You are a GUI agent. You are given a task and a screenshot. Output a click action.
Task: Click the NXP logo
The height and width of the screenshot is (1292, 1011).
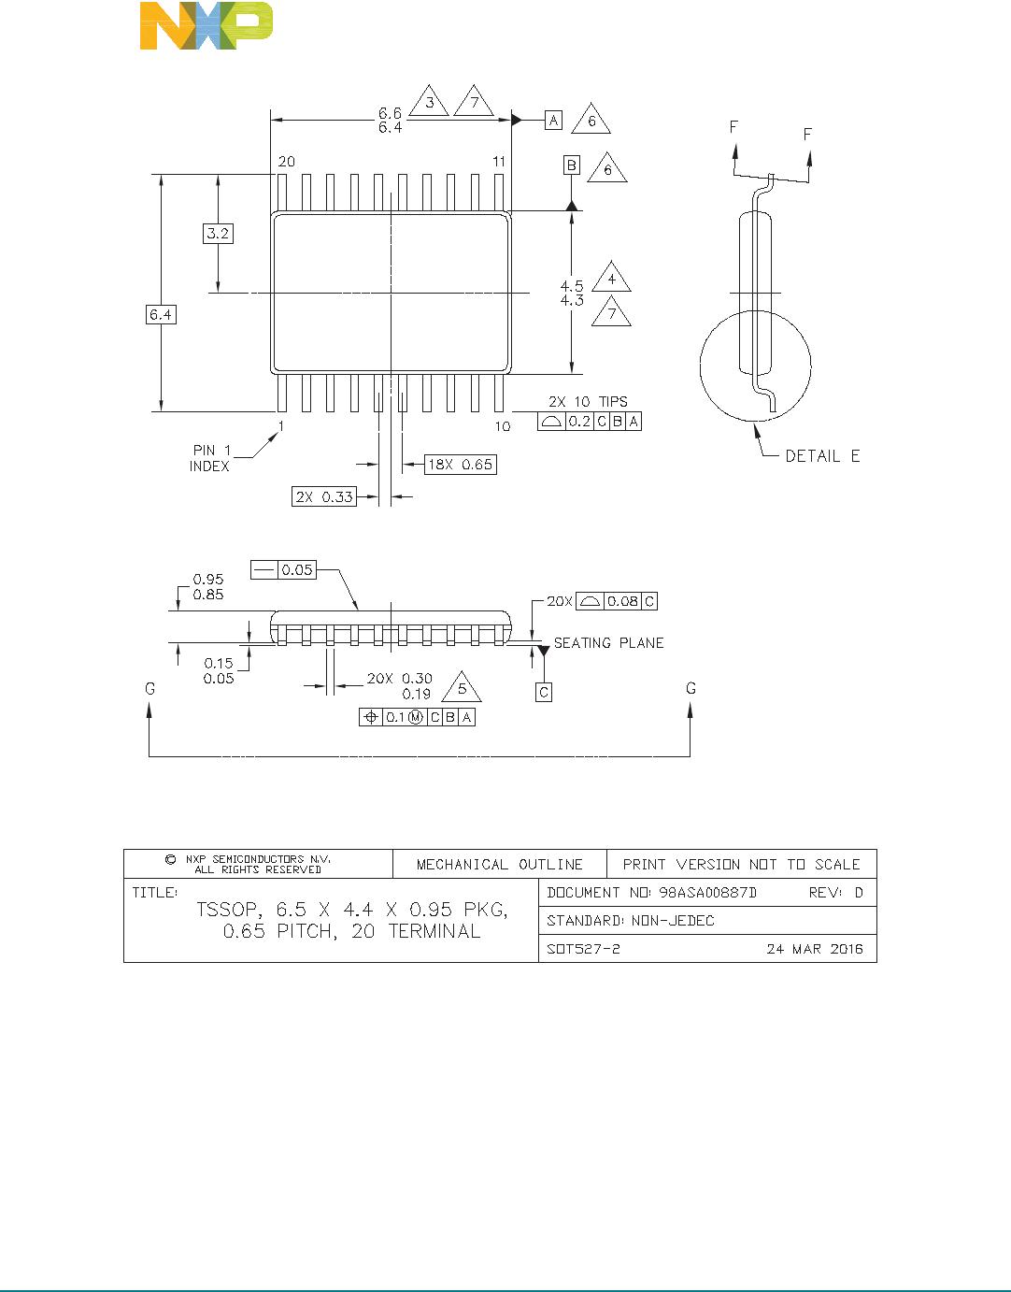206,25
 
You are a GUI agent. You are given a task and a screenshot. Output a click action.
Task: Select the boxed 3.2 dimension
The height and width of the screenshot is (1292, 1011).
218,234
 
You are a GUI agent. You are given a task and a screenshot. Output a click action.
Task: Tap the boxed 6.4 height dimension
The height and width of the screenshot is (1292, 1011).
161,314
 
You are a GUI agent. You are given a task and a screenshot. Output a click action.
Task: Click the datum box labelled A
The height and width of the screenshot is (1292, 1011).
553,120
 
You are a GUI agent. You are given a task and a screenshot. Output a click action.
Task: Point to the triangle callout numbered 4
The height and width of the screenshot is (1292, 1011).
611,279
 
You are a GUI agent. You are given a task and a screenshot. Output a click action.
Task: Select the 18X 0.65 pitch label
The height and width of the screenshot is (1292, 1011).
460,464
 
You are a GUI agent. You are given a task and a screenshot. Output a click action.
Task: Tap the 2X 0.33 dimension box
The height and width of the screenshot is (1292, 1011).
324,496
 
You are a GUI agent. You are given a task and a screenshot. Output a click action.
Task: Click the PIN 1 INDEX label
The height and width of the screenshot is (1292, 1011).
210,458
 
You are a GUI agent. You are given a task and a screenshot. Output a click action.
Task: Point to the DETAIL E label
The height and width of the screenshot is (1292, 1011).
822,456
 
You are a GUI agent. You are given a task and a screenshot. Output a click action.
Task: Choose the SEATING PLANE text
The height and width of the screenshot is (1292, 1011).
608,643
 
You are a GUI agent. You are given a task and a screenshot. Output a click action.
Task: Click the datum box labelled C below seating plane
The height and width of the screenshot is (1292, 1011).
544,692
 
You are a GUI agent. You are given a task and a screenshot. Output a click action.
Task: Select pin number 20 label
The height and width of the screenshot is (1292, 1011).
286,162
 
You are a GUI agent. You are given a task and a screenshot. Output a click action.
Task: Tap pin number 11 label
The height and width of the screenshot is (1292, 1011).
499,162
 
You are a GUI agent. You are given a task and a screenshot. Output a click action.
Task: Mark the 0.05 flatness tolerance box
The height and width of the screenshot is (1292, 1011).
283,569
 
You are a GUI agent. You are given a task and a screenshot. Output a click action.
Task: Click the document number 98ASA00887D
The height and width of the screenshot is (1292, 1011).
707,893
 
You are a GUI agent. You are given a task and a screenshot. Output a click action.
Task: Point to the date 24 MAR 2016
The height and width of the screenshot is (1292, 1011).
814,949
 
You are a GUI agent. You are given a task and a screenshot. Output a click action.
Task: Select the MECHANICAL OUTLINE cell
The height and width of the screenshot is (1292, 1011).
499,865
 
